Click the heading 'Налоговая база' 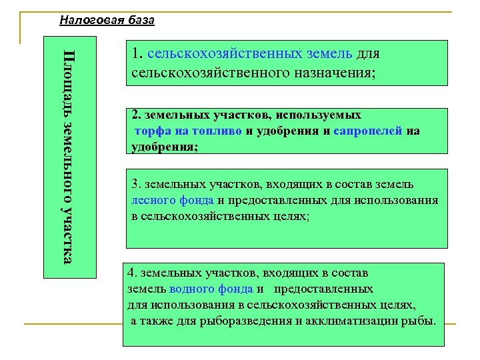click(107, 20)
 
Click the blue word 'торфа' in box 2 click(152, 131)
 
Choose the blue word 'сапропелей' click(370, 131)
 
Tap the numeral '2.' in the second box click(136, 115)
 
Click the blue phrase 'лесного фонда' click(173, 199)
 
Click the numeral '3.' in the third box click(135, 183)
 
